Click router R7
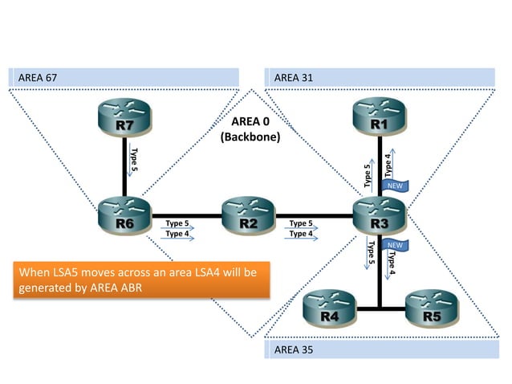click(124, 122)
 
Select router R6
click(124, 218)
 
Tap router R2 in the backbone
click(247, 218)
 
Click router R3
click(379, 218)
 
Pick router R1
click(379, 122)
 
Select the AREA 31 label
click(294, 77)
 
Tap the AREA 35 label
click(294, 350)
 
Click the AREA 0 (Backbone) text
click(250, 129)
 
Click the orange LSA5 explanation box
click(141, 280)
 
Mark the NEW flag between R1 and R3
click(396, 186)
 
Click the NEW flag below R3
click(395, 243)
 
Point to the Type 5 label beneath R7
click(134, 158)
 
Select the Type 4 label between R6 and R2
click(177, 234)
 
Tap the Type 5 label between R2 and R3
click(301, 223)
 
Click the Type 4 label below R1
click(388, 165)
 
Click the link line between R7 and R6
click(124, 169)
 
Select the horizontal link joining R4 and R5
click(380, 308)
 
